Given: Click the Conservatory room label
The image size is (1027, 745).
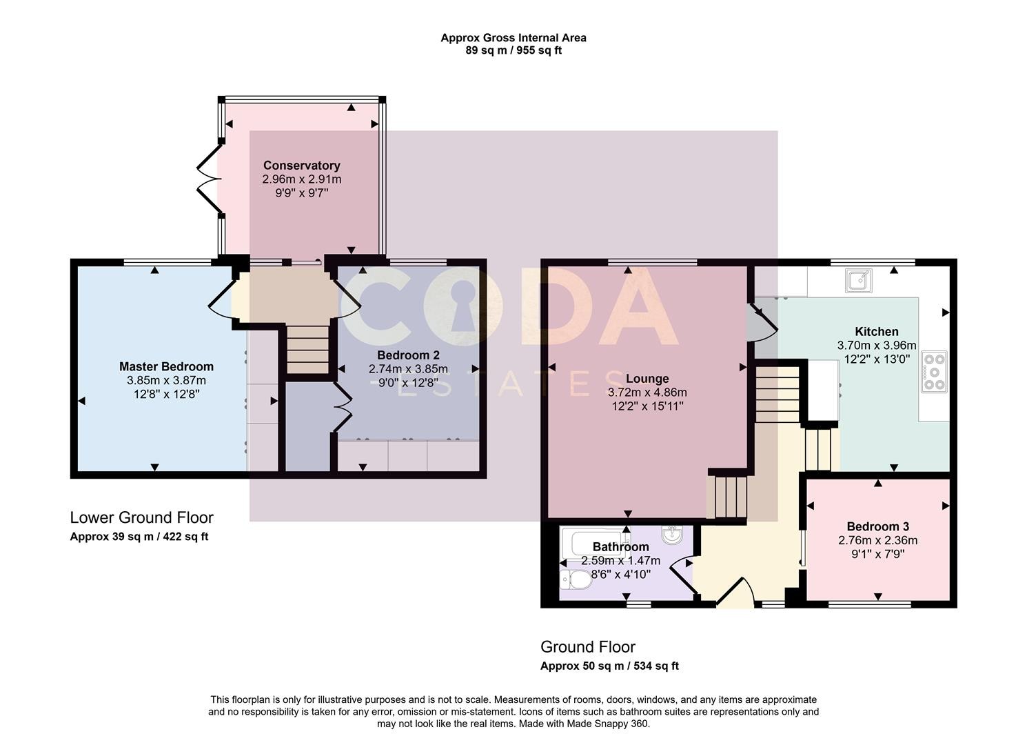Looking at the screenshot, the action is pos(302,166).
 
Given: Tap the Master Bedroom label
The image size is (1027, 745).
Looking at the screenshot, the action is pos(166,366).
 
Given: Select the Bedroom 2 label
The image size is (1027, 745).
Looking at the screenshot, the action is pos(408,355).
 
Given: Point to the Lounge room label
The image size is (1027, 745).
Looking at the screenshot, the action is pos(647,379).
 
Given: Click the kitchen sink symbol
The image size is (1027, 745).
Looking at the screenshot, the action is pos(858,280).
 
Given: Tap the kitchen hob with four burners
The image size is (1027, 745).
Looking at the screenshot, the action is pos(934,372).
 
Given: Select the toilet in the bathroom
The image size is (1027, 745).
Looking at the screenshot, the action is pos(576,580).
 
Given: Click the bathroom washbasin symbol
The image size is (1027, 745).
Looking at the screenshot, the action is pos(672,533).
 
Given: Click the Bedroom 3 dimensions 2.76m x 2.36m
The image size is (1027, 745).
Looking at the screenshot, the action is pos(877,540).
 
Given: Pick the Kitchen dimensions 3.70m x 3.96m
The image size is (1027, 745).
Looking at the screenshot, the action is pos(877,346).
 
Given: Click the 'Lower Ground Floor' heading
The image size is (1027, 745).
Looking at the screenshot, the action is pos(142,518).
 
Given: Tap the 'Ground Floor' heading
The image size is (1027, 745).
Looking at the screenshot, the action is pos(588,647).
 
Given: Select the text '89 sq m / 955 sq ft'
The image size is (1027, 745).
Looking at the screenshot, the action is pos(513,50).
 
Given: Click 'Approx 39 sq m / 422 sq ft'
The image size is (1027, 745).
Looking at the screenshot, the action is pos(139,537).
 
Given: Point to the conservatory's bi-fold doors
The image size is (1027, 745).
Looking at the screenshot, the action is pos(210,179).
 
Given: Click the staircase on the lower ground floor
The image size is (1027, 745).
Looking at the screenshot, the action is pos(308,350).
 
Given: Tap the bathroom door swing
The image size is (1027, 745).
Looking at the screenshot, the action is pos(682,577).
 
